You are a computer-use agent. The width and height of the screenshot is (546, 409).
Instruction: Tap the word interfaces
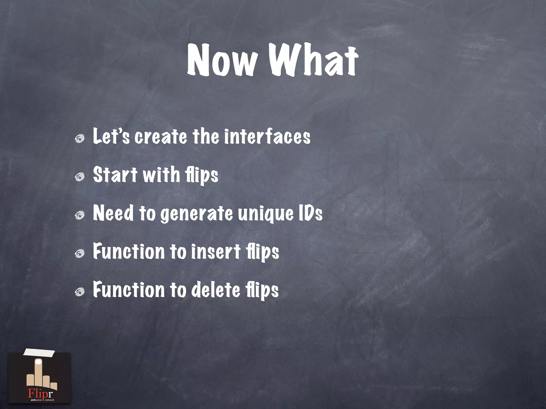tap(267, 137)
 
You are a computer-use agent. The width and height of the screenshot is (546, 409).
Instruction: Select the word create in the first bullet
tap(161, 137)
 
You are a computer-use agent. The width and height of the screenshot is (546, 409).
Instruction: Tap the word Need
tap(113, 213)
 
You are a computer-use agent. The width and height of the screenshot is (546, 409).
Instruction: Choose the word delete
tap(216, 290)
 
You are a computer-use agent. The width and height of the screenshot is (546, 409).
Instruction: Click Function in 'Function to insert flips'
tap(129, 252)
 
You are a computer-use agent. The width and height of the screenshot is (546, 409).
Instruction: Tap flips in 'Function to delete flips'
tap(262, 291)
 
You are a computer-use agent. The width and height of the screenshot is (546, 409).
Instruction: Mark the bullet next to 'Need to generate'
tap(79, 215)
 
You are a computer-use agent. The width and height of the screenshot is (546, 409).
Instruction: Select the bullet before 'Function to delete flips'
tap(79, 292)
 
